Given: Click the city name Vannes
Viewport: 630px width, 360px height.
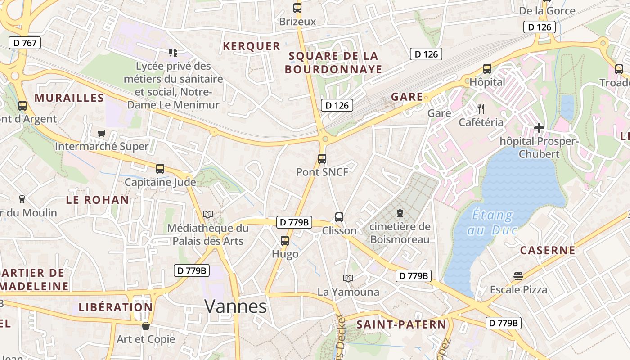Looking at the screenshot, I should [x=235, y=306].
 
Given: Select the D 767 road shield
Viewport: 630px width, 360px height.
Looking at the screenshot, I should [x=25, y=43].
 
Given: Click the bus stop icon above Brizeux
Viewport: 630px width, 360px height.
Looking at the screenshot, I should [x=297, y=8].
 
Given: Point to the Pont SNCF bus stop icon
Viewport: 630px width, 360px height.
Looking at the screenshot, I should [x=322, y=158].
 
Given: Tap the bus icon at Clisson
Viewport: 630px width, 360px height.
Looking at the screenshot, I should [x=339, y=217].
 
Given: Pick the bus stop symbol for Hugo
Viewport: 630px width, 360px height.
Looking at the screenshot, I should [x=285, y=241].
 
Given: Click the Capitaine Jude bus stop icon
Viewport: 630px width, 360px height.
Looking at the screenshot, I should [x=160, y=169].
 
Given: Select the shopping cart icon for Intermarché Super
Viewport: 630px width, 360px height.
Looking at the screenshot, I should [x=101, y=133].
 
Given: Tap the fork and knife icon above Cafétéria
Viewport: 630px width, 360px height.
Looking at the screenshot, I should [x=481, y=108].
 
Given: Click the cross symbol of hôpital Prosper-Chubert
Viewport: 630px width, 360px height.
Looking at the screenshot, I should [x=539, y=128].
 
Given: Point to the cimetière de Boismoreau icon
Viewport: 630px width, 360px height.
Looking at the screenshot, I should [x=400, y=213].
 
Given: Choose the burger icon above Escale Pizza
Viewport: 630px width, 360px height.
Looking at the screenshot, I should [x=518, y=276].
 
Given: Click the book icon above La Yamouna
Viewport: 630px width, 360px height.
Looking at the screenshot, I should [x=348, y=278].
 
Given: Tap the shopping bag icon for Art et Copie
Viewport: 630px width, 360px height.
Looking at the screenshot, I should [x=145, y=325].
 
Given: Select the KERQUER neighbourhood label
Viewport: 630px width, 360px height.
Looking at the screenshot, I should [x=252, y=46].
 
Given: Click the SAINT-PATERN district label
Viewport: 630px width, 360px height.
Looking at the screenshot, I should [x=401, y=324].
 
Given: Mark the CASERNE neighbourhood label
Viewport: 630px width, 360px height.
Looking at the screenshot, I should [x=548, y=250].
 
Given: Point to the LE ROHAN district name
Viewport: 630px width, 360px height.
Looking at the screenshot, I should [x=98, y=200].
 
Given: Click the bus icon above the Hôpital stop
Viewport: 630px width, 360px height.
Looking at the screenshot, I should [x=487, y=69].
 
